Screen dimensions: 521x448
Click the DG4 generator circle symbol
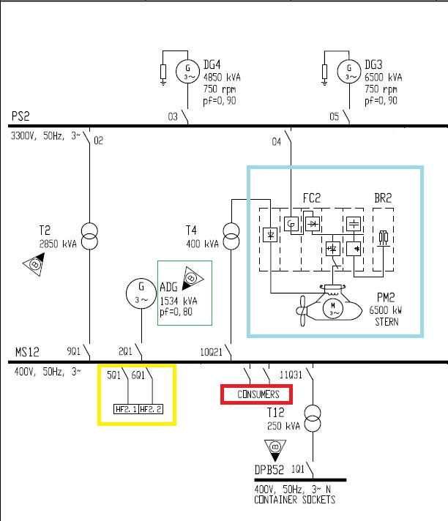[x=187, y=71]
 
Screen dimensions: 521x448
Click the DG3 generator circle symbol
[x=349, y=71]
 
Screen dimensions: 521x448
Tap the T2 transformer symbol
[x=91, y=234]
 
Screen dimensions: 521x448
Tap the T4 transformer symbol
[x=231, y=235]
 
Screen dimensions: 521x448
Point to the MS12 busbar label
[x=26, y=351]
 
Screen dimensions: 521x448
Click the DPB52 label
[x=269, y=468]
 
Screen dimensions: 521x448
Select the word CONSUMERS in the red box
[x=258, y=394]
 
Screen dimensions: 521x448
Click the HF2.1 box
[x=126, y=408]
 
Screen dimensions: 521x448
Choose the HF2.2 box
[x=152, y=408]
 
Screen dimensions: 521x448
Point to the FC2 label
[x=313, y=198]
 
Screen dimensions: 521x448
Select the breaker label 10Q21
[x=210, y=351]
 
